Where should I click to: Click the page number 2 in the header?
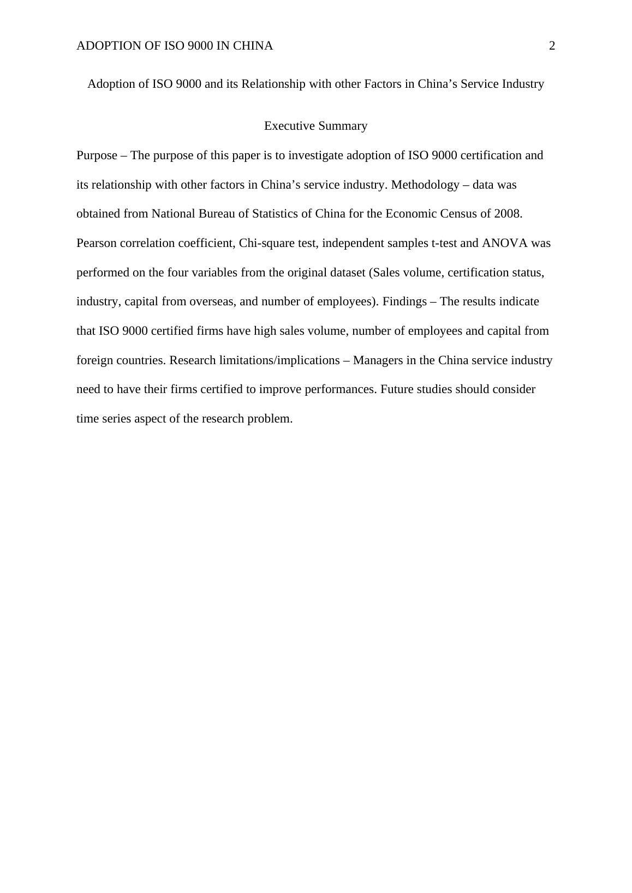pos(552,46)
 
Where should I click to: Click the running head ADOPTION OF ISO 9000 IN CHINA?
pos(175,46)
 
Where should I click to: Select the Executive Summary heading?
pos(315,126)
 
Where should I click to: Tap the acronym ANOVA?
pos(505,243)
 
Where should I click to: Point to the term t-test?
pos(444,243)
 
